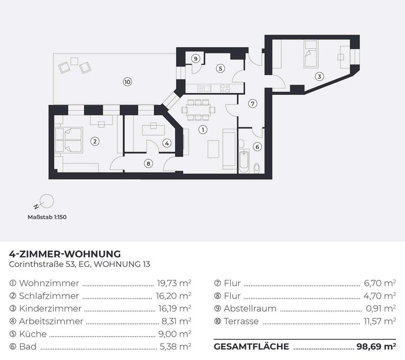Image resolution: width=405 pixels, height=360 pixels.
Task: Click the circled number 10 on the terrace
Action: pos(127,82)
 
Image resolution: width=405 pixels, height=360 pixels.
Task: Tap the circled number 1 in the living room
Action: pos(202,129)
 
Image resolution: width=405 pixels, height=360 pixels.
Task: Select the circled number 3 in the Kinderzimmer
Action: pos(319,75)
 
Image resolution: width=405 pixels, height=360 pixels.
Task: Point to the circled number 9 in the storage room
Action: pos(195,58)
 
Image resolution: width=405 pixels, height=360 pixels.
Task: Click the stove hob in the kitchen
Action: pos(225,88)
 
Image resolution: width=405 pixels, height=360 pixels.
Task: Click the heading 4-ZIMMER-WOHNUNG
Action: pos(65,254)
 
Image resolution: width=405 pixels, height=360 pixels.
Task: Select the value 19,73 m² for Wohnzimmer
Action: pos(174,283)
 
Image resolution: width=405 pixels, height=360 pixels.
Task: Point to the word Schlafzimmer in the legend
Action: pos(49,295)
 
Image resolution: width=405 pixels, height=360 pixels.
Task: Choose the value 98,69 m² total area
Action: pos(375,347)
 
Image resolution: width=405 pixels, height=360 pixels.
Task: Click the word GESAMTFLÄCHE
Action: pos(251,347)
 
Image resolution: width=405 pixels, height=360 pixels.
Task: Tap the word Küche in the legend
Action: pos(33,334)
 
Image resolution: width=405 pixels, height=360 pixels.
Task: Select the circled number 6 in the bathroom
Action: pos(257,147)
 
